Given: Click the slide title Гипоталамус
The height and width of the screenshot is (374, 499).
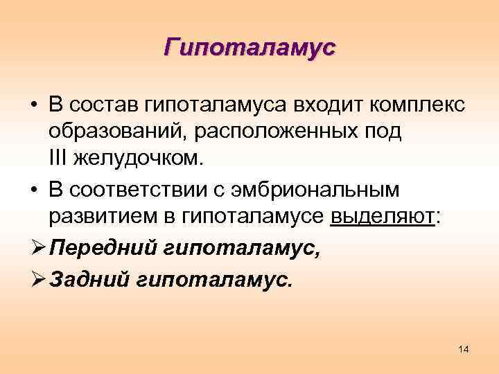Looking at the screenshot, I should pyautogui.click(x=249, y=48).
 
